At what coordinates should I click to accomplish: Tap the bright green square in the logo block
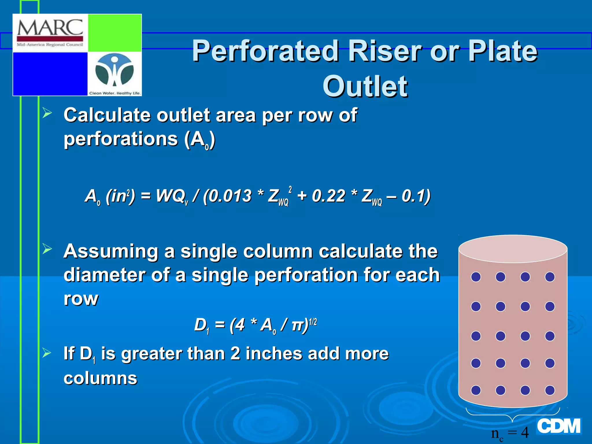(114, 33)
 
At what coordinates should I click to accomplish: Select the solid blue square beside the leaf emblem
(50, 74)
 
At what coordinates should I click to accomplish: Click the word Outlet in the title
(365, 86)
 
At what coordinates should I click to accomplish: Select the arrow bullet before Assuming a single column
(47, 249)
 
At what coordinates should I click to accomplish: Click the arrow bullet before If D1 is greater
(47, 353)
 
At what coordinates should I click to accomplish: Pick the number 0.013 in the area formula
(230, 196)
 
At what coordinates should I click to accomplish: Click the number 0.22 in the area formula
(328, 196)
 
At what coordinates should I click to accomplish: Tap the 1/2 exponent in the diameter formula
(313, 322)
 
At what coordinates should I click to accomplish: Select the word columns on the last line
(100, 378)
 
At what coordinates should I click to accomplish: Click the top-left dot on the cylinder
(476, 277)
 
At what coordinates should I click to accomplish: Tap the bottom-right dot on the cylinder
(550, 390)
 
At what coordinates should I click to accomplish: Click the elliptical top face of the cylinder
(513, 249)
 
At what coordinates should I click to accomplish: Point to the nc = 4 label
(510, 433)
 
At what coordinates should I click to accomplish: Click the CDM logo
(559, 426)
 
